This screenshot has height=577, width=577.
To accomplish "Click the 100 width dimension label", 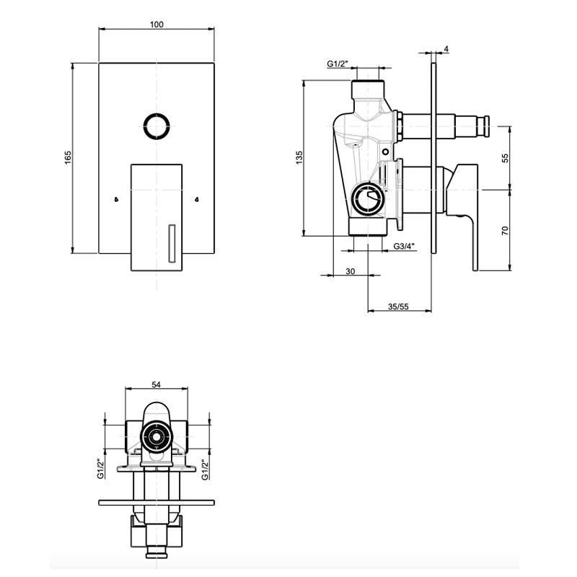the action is (x=157, y=25).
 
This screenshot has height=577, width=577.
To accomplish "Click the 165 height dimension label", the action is (x=68, y=157).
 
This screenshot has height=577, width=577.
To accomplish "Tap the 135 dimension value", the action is (x=299, y=157).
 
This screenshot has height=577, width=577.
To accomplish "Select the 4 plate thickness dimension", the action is (x=446, y=49).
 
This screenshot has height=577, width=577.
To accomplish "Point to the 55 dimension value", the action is (x=506, y=158).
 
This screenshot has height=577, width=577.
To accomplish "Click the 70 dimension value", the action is (x=506, y=231).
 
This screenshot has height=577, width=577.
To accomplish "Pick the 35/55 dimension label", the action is (x=398, y=306).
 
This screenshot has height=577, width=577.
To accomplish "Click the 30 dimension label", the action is (x=351, y=271).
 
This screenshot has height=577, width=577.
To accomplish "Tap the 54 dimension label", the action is (x=157, y=384).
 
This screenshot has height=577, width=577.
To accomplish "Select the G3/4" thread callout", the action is (x=404, y=246).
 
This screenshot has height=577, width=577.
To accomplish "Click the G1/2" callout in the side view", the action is (x=338, y=63).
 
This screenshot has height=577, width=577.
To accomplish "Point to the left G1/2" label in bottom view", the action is (x=101, y=469).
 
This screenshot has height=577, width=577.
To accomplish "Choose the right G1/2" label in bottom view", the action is (x=206, y=469).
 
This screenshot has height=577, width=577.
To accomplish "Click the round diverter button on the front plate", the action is (x=157, y=126).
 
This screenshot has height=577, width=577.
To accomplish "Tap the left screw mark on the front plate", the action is (x=116, y=200).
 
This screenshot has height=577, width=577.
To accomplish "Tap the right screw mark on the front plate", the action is (x=197, y=200).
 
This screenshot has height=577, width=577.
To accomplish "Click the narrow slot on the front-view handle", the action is (x=172, y=243).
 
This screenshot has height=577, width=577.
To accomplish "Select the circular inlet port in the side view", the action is (x=368, y=199).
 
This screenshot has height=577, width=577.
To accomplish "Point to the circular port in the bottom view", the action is (x=157, y=437).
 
